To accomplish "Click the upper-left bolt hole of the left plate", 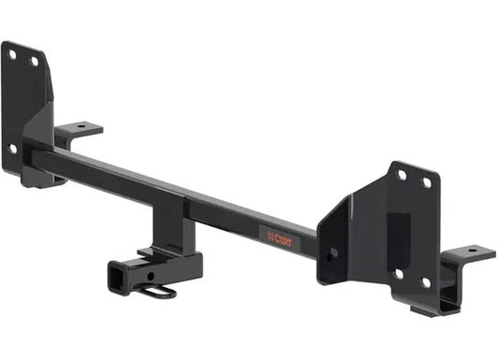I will (12, 54).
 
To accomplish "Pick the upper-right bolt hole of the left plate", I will (35, 62).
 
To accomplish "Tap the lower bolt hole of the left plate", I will (12, 148).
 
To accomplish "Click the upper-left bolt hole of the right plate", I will (401, 175).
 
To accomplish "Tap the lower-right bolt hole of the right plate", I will (426, 282).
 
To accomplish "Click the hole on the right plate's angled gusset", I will (333, 252).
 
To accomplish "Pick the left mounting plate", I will (22, 103).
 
